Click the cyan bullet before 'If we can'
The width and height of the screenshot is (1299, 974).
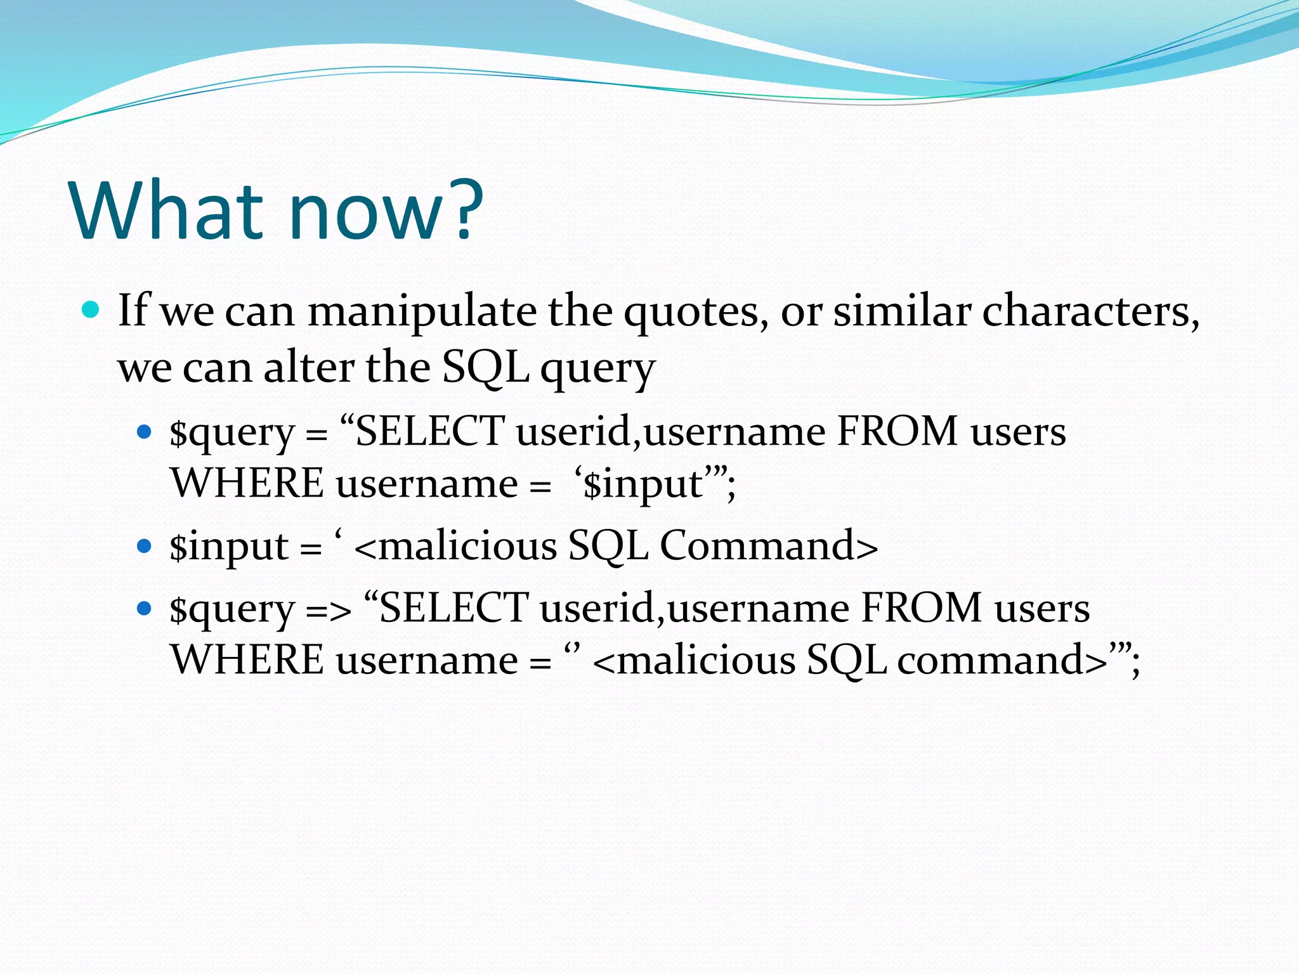point(91,311)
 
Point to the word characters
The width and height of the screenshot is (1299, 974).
point(1090,312)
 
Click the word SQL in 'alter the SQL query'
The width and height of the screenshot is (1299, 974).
point(485,368)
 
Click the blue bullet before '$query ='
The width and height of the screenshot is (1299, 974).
point(145,432)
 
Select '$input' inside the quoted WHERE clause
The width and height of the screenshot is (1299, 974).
point(642,484)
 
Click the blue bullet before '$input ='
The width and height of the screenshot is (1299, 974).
point(145,546)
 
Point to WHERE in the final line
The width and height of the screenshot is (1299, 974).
point(247,661)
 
